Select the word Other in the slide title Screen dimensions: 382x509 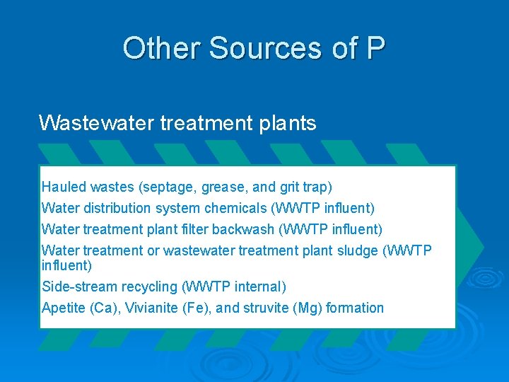tap(162, 48)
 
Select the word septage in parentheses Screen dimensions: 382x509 tap(168, 187)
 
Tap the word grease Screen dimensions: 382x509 tap(224, 187)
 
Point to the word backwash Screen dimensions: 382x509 tap(247, 230)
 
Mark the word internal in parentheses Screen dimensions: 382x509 tap(260, 286)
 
